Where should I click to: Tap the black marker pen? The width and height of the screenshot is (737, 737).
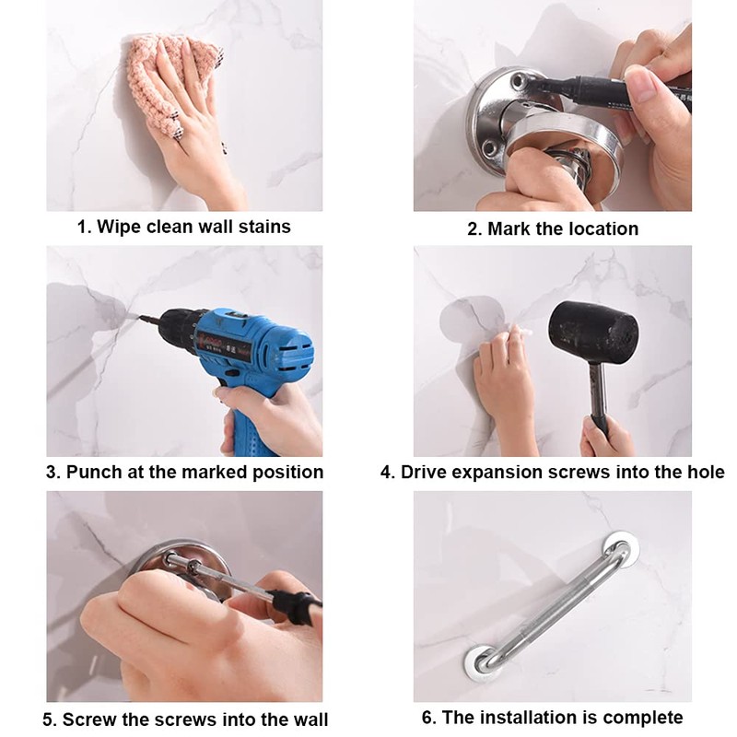[606, 90]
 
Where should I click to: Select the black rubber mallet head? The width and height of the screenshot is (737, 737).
[593, 332]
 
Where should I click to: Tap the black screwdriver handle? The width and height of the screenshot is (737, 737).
[295, 606]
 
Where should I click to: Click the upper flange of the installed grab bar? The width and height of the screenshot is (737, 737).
[620, 547]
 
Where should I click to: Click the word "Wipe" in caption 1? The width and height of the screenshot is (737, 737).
[119, 227]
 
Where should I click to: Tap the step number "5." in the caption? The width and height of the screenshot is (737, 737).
[50, 719]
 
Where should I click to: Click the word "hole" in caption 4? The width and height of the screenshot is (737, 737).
[707, 472]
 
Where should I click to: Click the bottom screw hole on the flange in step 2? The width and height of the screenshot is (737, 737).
[489, 148]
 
